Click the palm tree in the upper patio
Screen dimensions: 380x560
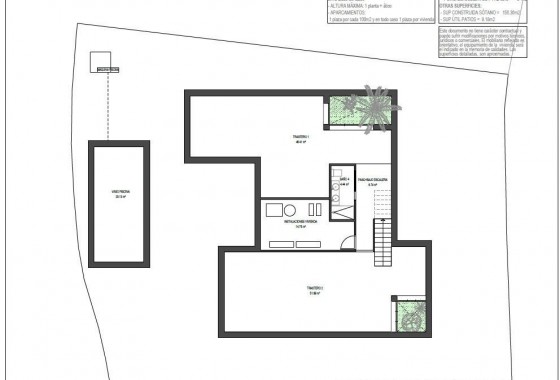[x=376, y=103]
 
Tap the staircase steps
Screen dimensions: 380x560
[x=383, y=239]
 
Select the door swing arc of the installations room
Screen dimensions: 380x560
[x=345, y=240]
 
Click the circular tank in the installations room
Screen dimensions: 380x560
[x=289, y=208]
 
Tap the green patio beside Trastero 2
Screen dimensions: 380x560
[x=410, y=317]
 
